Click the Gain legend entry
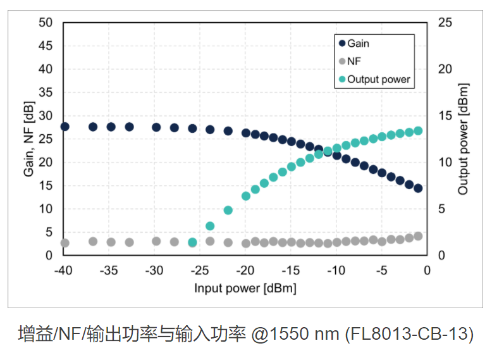358,44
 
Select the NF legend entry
354,61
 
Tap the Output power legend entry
378,80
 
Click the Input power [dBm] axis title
245,288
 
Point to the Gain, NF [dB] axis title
29,139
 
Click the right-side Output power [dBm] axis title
464,139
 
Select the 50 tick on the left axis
45,23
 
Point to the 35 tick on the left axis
45,92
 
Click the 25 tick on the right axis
445,23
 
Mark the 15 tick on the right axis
445,116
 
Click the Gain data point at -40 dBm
65,127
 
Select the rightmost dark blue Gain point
418,188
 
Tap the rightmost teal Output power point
418,131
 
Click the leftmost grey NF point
65,243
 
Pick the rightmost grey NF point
418,236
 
